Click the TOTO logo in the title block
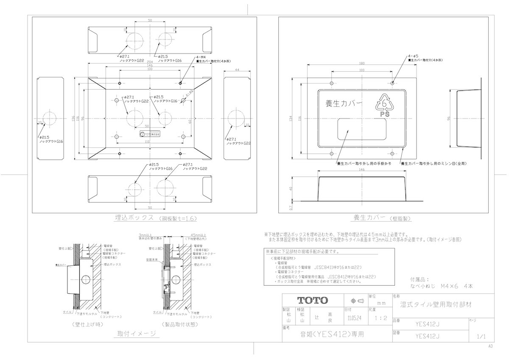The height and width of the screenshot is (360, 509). tap(312, 300)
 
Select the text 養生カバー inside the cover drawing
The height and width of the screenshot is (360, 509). tap(344, 104)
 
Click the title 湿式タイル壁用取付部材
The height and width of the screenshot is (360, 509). tap(436, 304)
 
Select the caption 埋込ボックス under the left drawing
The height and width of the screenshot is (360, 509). tap(134, 218)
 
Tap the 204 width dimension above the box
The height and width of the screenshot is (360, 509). tap(150, 61)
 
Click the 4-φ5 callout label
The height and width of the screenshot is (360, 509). tap(413, 56)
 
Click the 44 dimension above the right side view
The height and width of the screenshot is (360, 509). tap(237, 70)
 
